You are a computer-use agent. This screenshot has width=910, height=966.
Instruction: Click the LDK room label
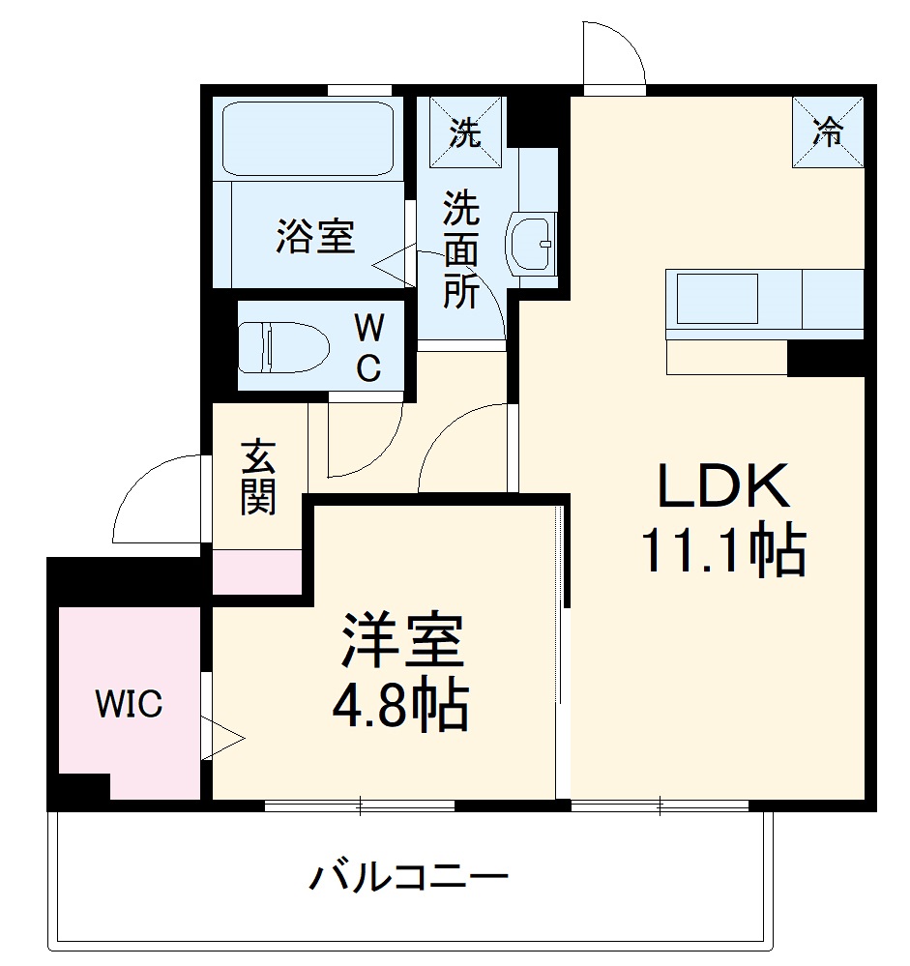click(723, 487)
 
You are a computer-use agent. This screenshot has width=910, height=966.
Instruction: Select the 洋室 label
click(401, 641)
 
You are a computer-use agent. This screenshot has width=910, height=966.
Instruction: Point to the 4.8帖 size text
click(401, 707)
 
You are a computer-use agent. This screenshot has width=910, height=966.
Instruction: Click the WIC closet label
click(129, 705)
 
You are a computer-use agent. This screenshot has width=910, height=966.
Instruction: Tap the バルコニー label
click(408, 879)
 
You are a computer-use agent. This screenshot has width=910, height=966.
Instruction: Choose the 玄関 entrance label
click(258, 477)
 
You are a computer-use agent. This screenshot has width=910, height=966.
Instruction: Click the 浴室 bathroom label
click(315, 235)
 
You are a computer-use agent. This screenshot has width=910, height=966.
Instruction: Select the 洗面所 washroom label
click(461, 249)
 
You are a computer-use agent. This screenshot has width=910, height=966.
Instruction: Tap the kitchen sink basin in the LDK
click(718, 299)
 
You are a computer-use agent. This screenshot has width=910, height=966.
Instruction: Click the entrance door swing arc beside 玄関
click(155, 498)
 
